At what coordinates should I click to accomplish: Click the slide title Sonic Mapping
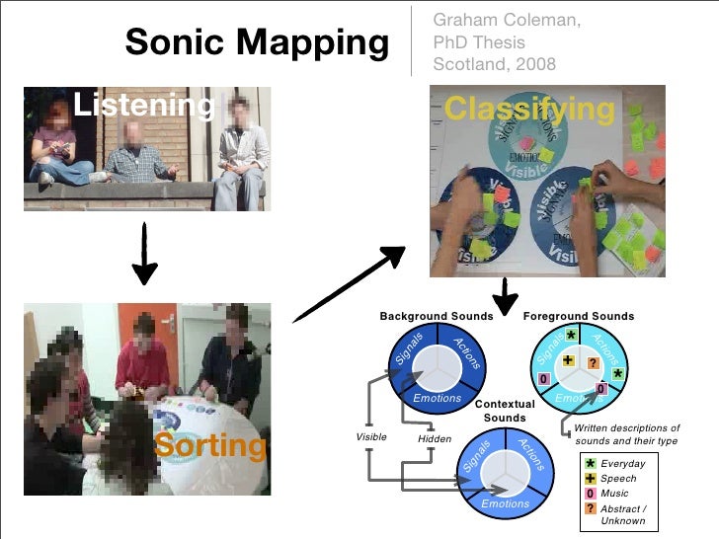click(x=257, y=42)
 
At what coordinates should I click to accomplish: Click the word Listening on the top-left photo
click(x=144, y=104)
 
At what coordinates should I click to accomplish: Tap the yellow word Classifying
click(x=528, y=109)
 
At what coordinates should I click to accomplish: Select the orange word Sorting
click(x=209, y=446)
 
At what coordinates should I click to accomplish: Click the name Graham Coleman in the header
click(x=494, y=21)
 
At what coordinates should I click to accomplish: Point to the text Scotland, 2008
click(x=494, y=65)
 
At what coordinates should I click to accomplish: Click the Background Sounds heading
click(x=436, y=317)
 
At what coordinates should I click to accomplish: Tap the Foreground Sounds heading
click(x=579, y=317)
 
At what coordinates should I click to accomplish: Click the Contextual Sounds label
click(x=504, y=411)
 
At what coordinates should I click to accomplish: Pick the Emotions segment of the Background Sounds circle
click(x=437, y=398)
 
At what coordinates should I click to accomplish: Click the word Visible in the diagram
click(x=370, y=436)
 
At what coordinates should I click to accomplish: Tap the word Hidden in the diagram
click(x=435, y=438)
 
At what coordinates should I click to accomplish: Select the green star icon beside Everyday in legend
click(x=590, y=464)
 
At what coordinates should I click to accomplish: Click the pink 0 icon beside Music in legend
click(x=590, y=493)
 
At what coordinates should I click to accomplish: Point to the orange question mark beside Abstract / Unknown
click(x=590, y=507)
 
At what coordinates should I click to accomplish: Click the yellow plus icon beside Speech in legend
click(x=590, y=478)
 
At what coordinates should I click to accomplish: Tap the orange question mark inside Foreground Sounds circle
click(x=594, y=364)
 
